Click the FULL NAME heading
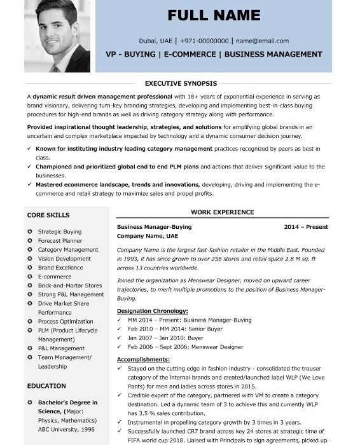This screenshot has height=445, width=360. pos(214,15)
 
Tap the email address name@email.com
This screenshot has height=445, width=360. pos(262,41)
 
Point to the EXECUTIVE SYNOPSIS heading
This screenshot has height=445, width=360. pos(181,83)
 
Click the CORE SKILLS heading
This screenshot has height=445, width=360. pos(48,215)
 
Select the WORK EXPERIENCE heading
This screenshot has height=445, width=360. pos(222,212)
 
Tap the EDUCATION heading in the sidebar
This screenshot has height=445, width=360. pos(46,386)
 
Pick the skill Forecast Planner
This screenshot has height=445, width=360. pos(60,241)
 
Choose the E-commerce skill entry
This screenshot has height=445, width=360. pos(55,277)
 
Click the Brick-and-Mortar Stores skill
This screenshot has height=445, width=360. pos(70,285)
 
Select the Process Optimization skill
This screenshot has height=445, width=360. pos(66,322)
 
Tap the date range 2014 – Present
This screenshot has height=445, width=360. pos(306,227)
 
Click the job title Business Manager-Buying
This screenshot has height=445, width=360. pos(154,227)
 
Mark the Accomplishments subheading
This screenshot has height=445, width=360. pos(143,359)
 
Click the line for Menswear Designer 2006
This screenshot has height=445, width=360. pos(185,347)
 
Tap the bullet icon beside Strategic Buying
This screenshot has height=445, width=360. pos(30,232)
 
